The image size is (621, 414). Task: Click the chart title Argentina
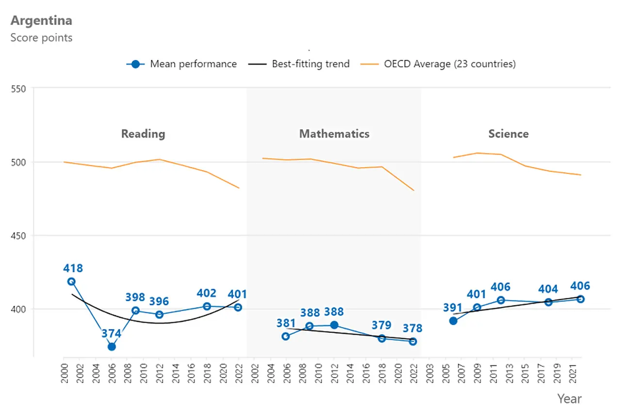pyautogui.click(x=41, y=21)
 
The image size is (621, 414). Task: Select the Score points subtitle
pyautogui.click(x=41, y=38)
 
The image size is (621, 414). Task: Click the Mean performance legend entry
pyautogui.click(x=181, y=64)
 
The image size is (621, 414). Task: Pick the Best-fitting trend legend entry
pyautogui.click(x=299, y=64)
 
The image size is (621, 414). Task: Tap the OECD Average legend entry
pyautogui.click(x=438, y=64)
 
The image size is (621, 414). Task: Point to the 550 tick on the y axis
pyautogui.click(x=18, y=89)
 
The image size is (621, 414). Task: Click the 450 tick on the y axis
pyautogui.click(x=18, y=236)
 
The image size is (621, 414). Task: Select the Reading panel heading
pyautogui.click(x=143, y=134)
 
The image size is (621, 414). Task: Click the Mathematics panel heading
pyautogui.click(x=334, y=134)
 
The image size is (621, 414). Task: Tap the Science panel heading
pyautogui.click(x=508, y=134)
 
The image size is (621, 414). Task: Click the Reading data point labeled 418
pyautogui.click(x=71, y=281)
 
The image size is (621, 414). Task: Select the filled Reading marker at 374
pyautogui.click(x=112, y=346)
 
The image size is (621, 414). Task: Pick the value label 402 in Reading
pyautogui.click(x=206, y=293)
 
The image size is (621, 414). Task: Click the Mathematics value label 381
pyautogui.click(x=286, y=323)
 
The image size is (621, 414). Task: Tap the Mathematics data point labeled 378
pyautogui.click(x=413, y=342)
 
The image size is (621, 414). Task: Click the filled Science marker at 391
pyautogui.click(x=453, y=321)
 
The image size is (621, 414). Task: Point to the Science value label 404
pyautogui.click(x=548, y=289)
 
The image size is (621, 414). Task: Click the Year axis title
pyautogui.click(x=570, y=399)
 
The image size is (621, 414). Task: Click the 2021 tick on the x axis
pyautogui.click(x=573, y=374)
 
